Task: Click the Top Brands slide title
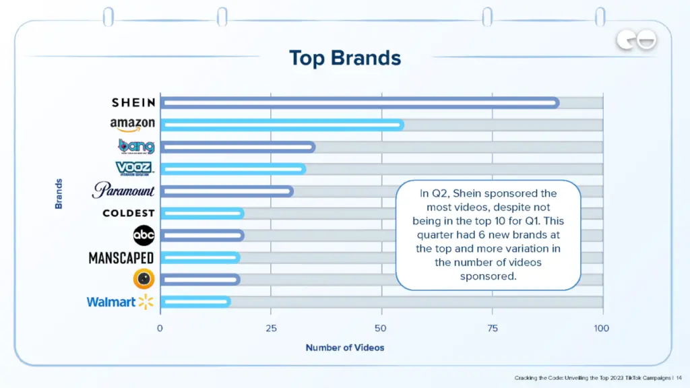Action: tap(345, 58)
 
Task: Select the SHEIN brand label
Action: tap(133, 102)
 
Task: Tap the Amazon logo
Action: tap(133, 125)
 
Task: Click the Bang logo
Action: tap(136, 146)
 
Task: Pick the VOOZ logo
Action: tap(133, 168)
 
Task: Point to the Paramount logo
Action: tap(123, 191)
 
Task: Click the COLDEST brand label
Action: tap(128, 213)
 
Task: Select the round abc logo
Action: tap(144, 235)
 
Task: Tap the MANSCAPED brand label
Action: tap(121, 257)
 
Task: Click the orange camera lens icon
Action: tap(144, 279)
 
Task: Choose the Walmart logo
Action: tap(120, 302)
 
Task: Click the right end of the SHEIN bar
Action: tap(555, 102)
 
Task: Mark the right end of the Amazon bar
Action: tap(400, 125)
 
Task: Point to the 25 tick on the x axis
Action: tap(271, 328)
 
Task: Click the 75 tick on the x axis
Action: tap(493, 328)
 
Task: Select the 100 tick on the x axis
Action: tap(601, 328)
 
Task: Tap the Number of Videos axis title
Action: tap(345, 348)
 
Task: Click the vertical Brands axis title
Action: tap(59, 193)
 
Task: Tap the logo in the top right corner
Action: tap(636, 41)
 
